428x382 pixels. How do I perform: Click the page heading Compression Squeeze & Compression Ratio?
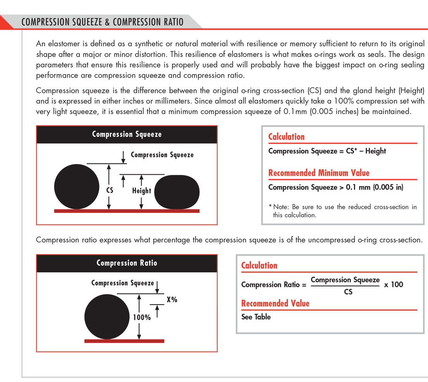[x=103, y=21]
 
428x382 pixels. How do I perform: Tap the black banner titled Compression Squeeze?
[x=127, y=134]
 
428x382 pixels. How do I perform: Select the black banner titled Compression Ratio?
[x=127, y=263]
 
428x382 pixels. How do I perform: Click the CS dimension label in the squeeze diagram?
[x=109, y=190]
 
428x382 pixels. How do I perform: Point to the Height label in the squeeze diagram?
[x=141, y=191]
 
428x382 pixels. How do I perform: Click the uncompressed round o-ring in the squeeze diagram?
[x=77, y=187]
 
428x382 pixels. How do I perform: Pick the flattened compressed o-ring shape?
[x=177, y=191]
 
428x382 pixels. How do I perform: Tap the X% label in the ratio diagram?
[x=172, y=299]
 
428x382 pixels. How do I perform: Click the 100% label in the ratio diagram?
[x=142, y=317]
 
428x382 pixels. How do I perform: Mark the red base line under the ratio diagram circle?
[x=124, y=341]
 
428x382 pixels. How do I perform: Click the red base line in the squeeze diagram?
[x=127, y=211]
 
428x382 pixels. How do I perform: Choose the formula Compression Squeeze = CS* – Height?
[x=327, y=151]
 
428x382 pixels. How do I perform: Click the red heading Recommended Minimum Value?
[x=319, y=173]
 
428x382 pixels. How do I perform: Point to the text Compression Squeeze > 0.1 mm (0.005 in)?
[x=335, y=188]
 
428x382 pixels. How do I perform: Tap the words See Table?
[x=256, y=317]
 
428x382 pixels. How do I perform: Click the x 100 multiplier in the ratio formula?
[x=394, y=285]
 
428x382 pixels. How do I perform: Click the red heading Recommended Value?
[x=275, y=303]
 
